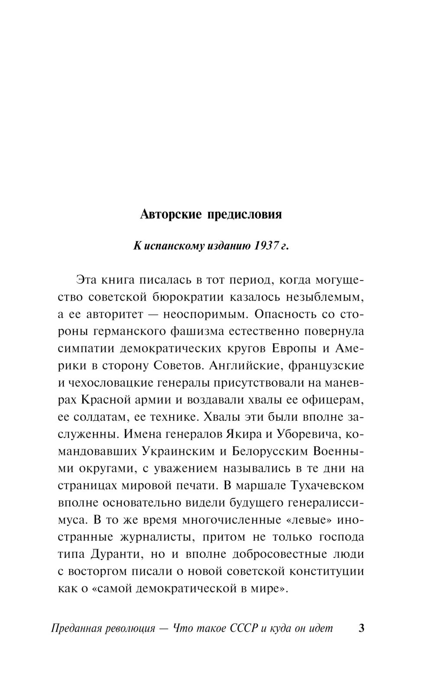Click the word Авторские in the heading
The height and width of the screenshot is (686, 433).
pyautogui.click(x=170, y=215)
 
